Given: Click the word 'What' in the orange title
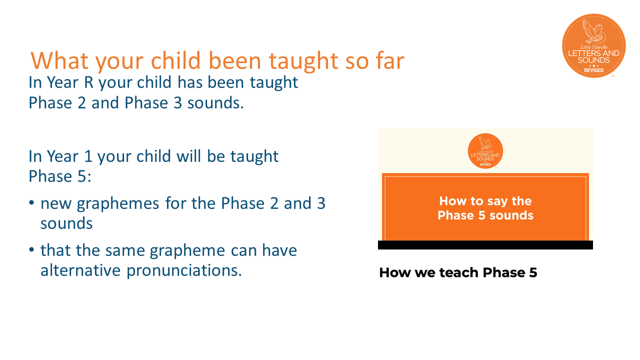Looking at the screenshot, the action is (59, 60).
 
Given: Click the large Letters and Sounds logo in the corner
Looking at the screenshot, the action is (594, 45).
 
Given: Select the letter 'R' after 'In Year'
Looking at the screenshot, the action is (88, 82).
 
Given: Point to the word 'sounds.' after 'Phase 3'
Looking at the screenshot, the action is (215, 103).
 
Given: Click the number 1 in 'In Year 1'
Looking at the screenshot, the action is (88, 156).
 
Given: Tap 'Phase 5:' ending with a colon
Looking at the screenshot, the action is (60, 176).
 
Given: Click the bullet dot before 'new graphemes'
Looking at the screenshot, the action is (31, 202).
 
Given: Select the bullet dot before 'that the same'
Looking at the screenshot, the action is (31, 249).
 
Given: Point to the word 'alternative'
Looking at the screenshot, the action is (80, 270).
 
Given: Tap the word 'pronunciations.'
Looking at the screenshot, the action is (184, 271).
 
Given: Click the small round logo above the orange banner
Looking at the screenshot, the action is (485, 151).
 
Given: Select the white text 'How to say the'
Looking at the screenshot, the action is (485, 201).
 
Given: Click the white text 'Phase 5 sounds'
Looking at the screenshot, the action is (485, 215).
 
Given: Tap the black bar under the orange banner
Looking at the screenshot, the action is (485, 245).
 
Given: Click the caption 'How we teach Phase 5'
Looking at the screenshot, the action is (458, 272).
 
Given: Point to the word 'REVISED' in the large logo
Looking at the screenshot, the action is (593, 70).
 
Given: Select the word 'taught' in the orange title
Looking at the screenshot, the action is (304, 61).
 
